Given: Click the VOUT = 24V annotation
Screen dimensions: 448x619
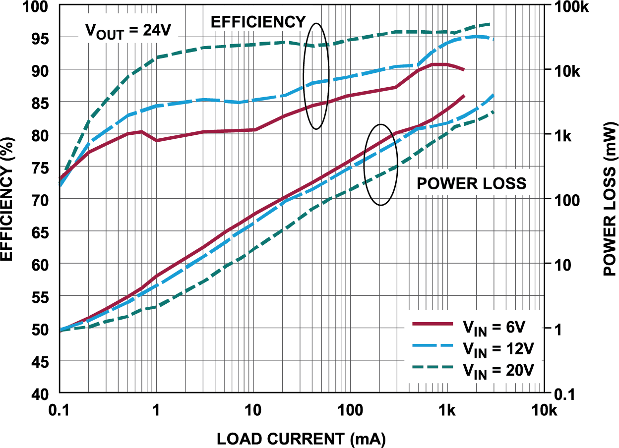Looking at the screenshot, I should pyautogui.click(x=128, y=31).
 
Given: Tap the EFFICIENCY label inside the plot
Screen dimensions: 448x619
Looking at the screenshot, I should pyautogui.click(x=258, y=22).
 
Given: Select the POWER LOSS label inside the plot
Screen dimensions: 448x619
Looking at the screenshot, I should pyautogui.click(x=471, y=183).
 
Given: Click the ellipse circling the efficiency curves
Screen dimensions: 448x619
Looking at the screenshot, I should pyautogui.click(x=316, y=76).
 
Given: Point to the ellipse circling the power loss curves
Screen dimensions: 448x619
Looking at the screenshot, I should pyautogui.click(x=380, y=165).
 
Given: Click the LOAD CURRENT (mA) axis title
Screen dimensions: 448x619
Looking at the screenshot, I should pyautogui.click(x=301, y=439).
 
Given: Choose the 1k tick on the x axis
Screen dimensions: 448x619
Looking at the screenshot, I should pyautogui.click(x=447, y=411).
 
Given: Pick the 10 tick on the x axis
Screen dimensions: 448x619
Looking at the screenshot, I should pyautogui.click(x=253, y=411).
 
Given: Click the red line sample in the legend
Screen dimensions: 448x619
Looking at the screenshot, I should pyautogui.click(x=433, y=324).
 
